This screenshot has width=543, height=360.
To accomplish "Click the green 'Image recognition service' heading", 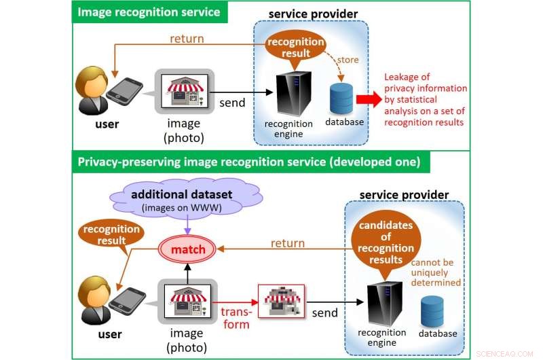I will coord(148,12).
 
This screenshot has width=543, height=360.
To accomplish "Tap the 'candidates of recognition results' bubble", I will coord(384,240).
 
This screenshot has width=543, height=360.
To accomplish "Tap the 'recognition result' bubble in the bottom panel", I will coord(111,234).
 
